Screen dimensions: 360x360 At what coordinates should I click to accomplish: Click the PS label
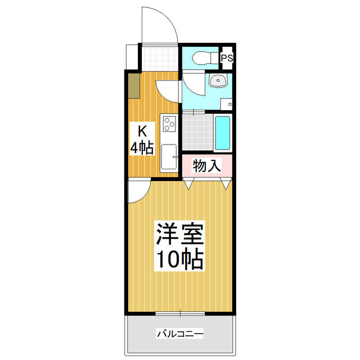(x=227, y=58)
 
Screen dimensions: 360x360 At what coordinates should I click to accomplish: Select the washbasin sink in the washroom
(x=217, y=82)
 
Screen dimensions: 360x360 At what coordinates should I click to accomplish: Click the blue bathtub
(x=223, y=132)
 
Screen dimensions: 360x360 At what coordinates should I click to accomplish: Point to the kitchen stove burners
(x=169, y=124)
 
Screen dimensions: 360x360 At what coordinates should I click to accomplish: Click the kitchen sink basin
(x=169, y=157)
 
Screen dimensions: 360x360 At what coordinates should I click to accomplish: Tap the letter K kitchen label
(x=143, y=132)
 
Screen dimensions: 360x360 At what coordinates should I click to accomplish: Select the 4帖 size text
(x=142, y=148)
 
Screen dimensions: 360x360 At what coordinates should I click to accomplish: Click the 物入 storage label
(x=206, y=165)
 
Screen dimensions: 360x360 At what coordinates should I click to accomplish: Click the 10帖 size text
(x=179, y=259)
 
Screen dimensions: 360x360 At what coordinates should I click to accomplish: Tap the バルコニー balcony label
(x=179, y=334)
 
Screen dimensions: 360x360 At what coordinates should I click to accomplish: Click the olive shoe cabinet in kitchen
(x=134, y=86)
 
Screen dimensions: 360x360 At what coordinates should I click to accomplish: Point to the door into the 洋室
(x=138, y=191)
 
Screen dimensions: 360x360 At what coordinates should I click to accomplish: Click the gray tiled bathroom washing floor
(x=197, y=132)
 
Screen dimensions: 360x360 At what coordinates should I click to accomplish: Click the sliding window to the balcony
(x=179, y=313)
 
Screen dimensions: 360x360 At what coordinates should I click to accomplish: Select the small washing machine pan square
(x=226, y=103)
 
